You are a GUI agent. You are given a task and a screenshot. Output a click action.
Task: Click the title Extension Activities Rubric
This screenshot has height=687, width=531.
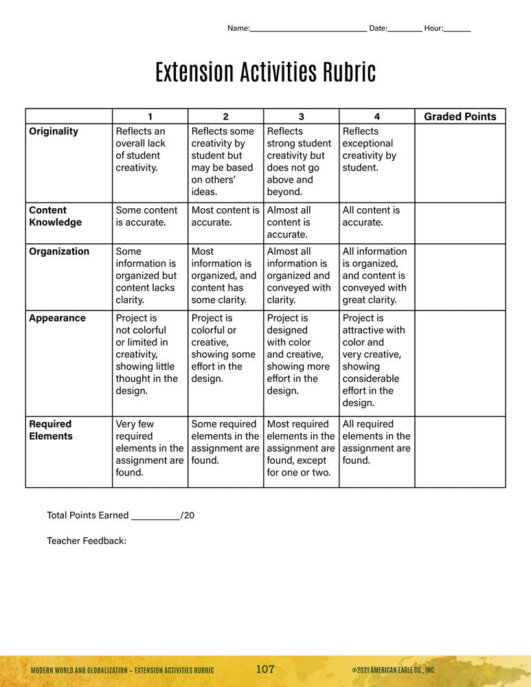pyautogui.click(x=265, y=72)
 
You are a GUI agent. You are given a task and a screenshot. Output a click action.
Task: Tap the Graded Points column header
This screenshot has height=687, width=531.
pyautogui.click(x=460, y=116)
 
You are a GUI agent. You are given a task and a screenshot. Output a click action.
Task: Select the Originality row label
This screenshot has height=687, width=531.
pyautogui.click(x=54, y=131)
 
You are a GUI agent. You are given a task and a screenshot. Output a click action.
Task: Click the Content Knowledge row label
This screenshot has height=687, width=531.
pyautogui.click(x=55, y=216)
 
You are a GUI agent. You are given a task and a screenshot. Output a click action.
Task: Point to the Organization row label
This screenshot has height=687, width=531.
pyautogui.click(x=59, y=251)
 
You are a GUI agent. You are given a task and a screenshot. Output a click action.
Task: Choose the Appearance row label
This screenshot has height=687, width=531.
pyautogui.click(x=57, y=318)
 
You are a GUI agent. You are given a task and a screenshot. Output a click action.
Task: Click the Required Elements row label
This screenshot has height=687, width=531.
pyautogui.click(x=50, y=430)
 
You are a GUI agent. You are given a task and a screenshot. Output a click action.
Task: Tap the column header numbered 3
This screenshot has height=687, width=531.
pyautogui.click(x=301, y=116)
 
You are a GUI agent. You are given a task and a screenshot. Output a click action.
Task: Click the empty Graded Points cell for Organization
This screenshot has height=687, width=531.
pyautogui.click(x=460, y=276)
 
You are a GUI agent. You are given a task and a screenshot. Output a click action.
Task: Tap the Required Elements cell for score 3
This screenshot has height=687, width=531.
pyautogui.click(x=301, y=448)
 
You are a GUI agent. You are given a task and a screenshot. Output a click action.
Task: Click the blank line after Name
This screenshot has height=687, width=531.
pyautogui.click(x=308, y=30)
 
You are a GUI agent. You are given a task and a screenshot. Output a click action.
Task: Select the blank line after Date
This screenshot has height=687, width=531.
pyautogui.click(x=405, y=30)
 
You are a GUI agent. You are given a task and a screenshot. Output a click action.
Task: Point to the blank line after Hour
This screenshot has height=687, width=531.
pyautogui.click(x=457, y=30)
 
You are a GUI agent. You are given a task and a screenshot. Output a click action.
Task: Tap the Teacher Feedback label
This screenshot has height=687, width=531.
pyautogui.click(x=87, y=541)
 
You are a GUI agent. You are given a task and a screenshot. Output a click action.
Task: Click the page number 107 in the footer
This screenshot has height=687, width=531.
pyautogui.click(x=265, y=669)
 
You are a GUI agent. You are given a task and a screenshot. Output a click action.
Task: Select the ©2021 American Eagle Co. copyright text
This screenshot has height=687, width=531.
pyautogui.click(x=394, y=670)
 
